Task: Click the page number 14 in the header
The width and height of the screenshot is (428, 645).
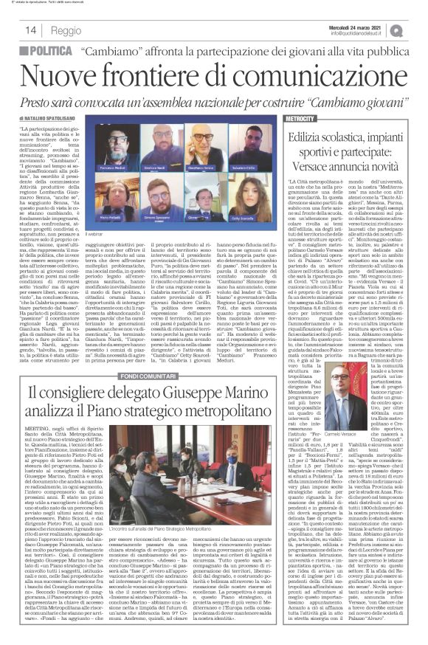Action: click(31, 31)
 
